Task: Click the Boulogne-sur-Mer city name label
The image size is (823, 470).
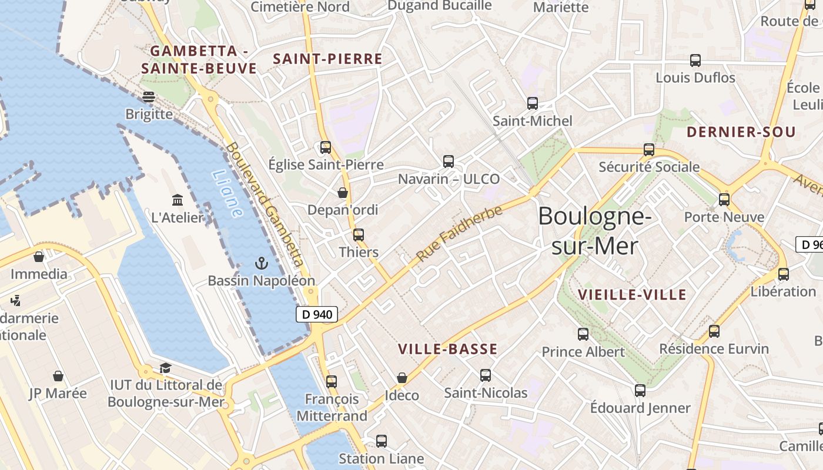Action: pyautogui.click(x=594, y=231)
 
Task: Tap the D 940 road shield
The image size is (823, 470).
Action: pyautogui.click(x=317, y=314)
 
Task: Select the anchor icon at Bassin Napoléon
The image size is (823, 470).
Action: pyautogui.click(x=262, y=263)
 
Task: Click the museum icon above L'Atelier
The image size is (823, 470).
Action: pyautogui.click(x=177, y=200)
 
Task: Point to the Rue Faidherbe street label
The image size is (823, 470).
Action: pyautogui.click(x=459, y=233)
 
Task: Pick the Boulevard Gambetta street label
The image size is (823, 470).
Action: pyautogui.click(x=265, y=204)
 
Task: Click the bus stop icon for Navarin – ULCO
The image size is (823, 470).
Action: pyautogui.click(x=449, y=161)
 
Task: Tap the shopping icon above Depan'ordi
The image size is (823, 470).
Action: pyautogui.click(x=343, y=193)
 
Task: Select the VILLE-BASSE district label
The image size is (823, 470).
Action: pyautogui.click(x=448, y=349)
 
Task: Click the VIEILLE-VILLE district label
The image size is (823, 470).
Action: pyautogui.click(x=632, y=295)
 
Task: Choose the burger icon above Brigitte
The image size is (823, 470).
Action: pyautogui.click(x=149, y=96)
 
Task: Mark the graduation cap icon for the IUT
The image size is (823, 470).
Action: pyautogui.click(x=165, y=368)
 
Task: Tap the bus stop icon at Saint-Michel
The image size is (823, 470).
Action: pyautogui.click(x=533, y=103)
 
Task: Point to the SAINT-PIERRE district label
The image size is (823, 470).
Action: pyautogui.click(x=328, y=59)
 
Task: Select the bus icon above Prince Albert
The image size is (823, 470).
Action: pyautogui.click(x=583, y=334)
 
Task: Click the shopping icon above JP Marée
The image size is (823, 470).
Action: pyautogui.click(x=58, y=376)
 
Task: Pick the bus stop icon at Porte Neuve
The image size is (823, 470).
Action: pyautogui.click(x=724, y=200)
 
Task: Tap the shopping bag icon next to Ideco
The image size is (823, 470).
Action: pyautogui.click(x=402, y=378)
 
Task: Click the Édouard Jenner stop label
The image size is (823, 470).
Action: pyautogui.click(x=640, y=408)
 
